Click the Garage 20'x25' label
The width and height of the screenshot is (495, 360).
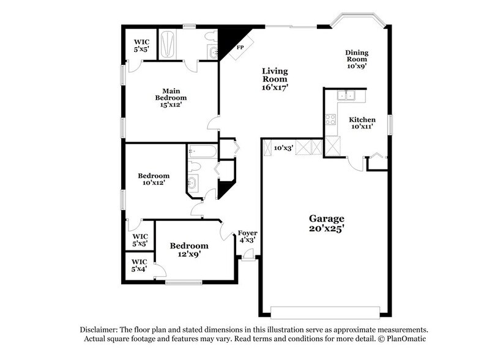(x=326, y=223)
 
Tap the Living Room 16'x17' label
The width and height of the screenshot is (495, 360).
(x=275, y=79)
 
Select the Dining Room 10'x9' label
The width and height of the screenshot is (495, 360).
(x=356, y=59)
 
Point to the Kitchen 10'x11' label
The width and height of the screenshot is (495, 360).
(x=362, y=123)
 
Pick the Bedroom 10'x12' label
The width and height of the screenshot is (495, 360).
(x=153, y=179)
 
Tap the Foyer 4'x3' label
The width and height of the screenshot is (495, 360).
(x=247, y=236)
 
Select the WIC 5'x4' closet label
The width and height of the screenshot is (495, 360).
(x=140, y=265)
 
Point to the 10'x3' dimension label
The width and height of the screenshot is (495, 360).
(x=283, y=148)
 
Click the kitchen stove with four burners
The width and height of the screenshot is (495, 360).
(x=330, y=119)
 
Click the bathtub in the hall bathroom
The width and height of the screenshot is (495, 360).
(x=201, y=151)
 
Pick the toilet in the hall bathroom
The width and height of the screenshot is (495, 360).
(x=195, y=166)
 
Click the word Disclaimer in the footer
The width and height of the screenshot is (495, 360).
(x=100, y=329)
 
